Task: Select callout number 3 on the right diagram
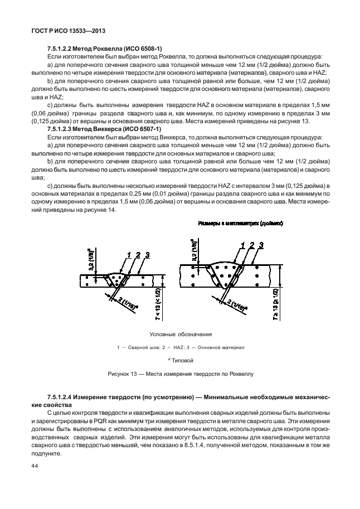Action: point(261,245)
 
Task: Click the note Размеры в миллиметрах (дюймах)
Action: point(241,223)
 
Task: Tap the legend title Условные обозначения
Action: point(181,335)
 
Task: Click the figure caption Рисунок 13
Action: point(180,374)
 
